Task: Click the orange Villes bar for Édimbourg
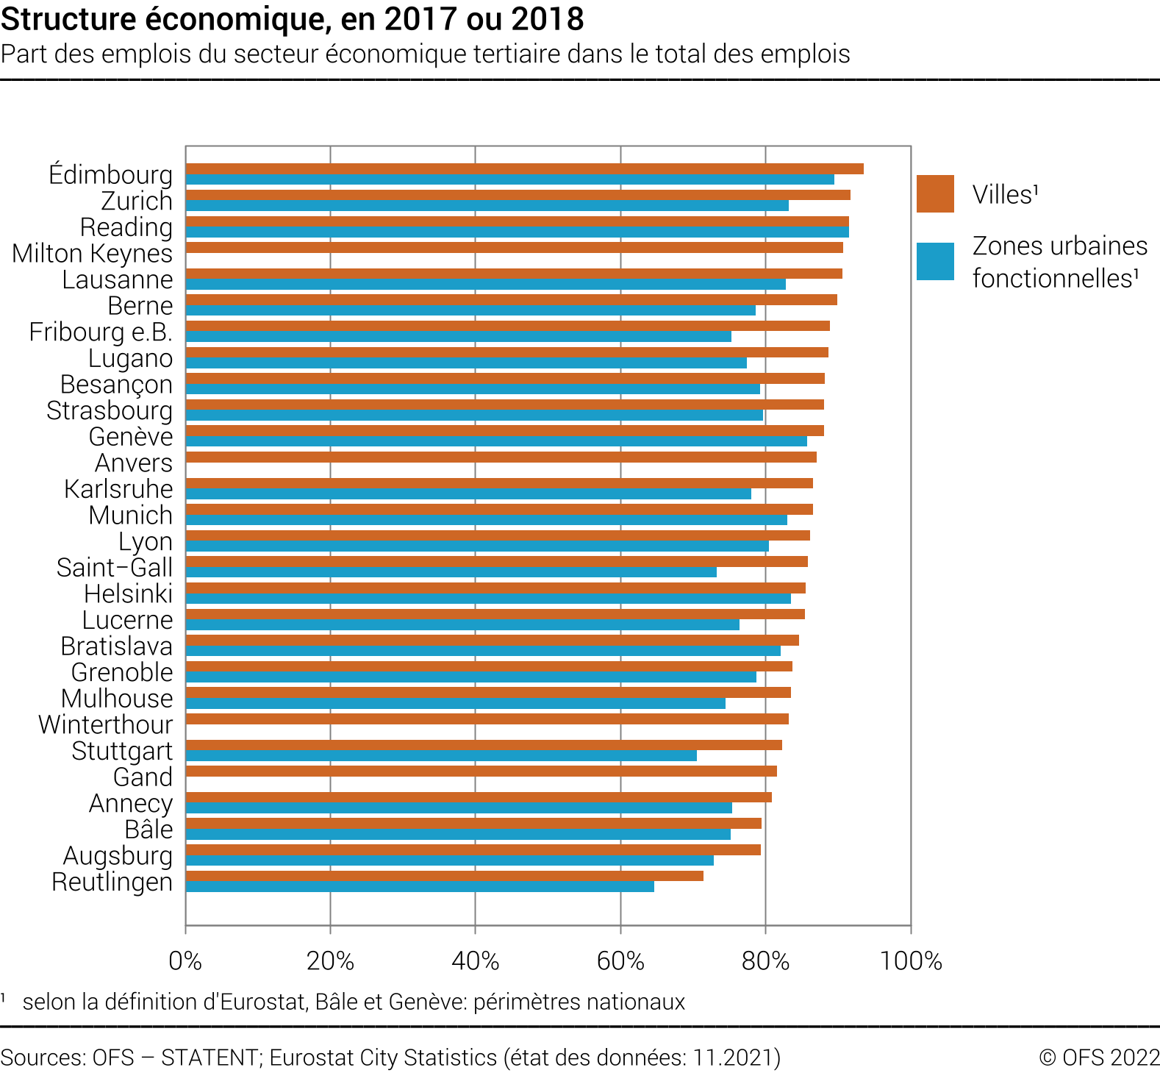click(x=524, y=169)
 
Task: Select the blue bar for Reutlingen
click(x=420, y=887)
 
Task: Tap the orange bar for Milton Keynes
click(x=514, y=248)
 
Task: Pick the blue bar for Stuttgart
click(x=441, y=756)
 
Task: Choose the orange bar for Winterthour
click(x=487, y=719)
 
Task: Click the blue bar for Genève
click(x=496, y=442)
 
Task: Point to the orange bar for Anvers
click(x=501, y=457)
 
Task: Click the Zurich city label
click(x=137, y=201)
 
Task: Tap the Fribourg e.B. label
click(x=101, y=332)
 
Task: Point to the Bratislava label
click(x=117, y=646)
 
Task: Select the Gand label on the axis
click(x=143, y=777)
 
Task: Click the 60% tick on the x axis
click(x=620, y=960)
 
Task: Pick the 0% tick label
click(x=185, y=960)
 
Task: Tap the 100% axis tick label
click(x=911, y=960)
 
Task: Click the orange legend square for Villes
click(x=935, y=194)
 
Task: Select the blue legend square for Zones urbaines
click(x=935, y=262)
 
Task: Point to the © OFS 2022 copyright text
click(x=1099, y=1058)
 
